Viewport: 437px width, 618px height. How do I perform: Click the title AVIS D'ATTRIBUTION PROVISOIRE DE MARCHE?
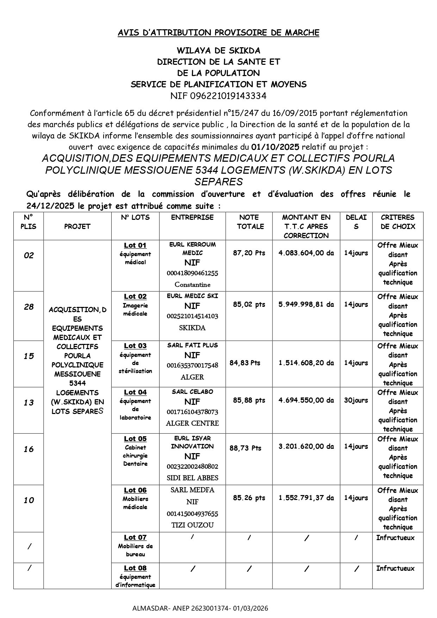(218, 33)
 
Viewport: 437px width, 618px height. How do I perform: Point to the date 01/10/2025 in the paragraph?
(275, 147)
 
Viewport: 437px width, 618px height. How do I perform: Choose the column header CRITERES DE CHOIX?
(398, 222)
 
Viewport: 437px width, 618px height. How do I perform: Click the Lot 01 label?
(135, 245)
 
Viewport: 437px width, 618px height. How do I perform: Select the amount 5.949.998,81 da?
(306, 304)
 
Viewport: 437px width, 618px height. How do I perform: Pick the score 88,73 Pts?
(245, 448)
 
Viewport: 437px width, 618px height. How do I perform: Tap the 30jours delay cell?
(356, 400)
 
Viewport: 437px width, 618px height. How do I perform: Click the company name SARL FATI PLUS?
(192, 345)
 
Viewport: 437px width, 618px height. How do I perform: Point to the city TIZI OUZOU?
(192, 525)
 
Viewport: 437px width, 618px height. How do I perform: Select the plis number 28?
(29, 307)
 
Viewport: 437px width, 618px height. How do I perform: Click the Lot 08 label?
(135, 568)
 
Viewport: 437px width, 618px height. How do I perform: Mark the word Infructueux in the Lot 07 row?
(395, 538)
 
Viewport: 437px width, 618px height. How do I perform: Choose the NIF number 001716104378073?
(192, 412)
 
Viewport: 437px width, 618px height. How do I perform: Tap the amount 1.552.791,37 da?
(306, 498)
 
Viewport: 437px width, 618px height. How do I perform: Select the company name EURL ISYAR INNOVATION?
(192, 442)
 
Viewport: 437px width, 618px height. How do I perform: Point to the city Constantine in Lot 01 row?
(192, 285)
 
